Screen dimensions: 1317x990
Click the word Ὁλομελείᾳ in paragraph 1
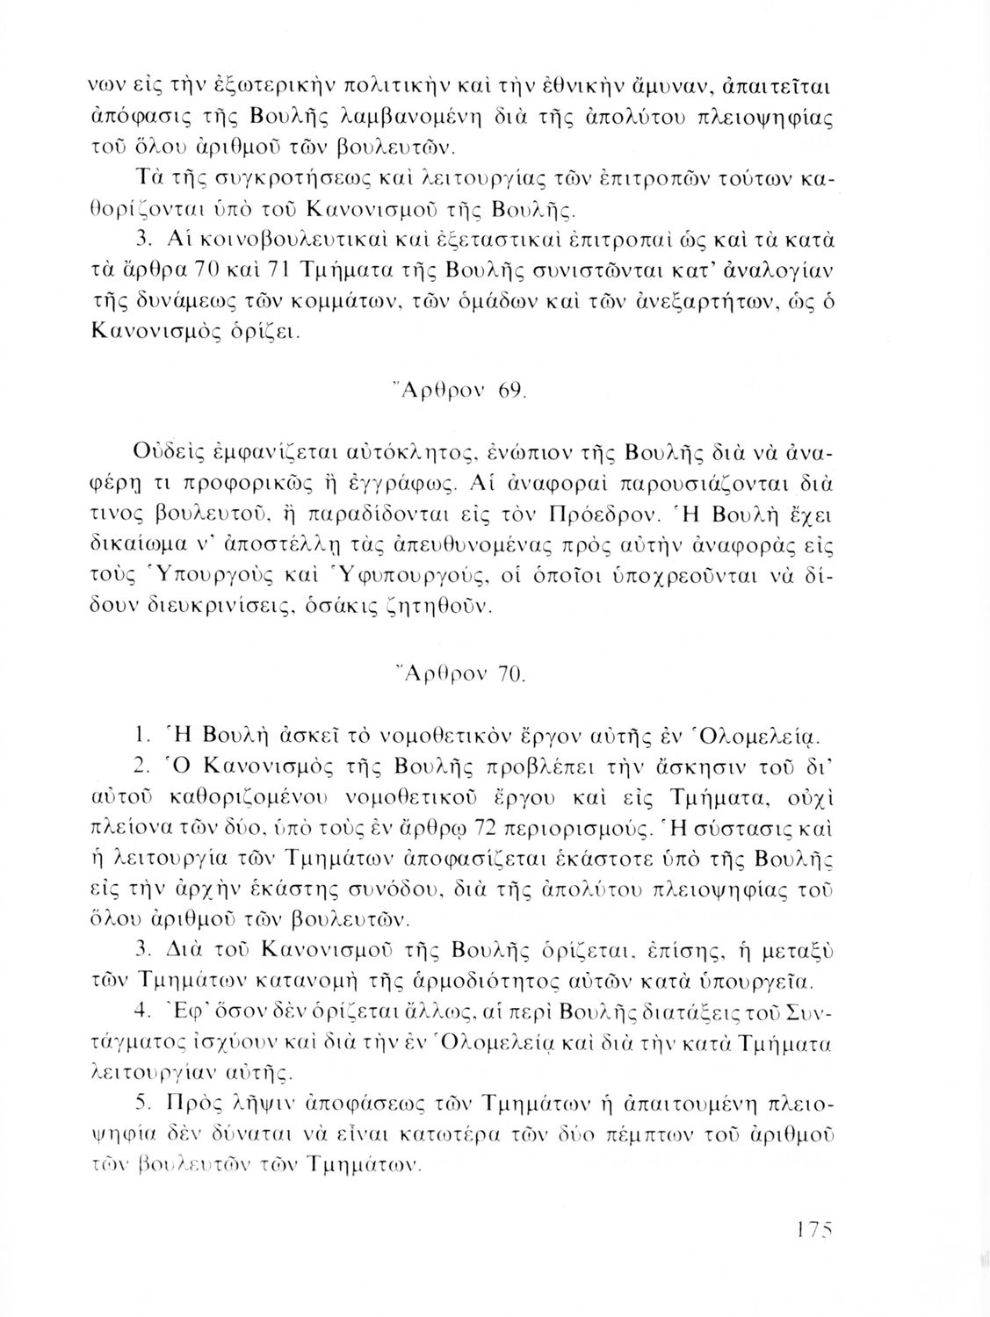pos(734,733)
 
